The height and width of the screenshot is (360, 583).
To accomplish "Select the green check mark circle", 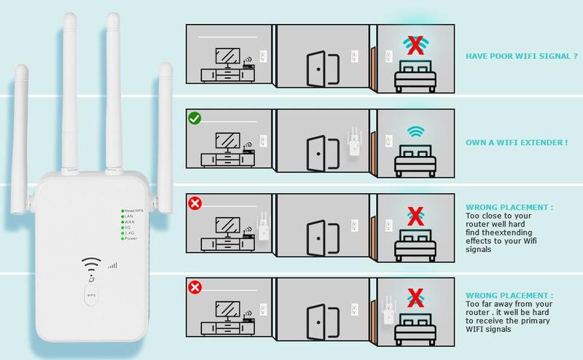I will [x=195, y=117].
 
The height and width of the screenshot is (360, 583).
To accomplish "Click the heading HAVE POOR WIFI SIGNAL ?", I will [x=517, y=55].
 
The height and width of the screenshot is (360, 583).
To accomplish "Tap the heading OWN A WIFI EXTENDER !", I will [x=516, y=142].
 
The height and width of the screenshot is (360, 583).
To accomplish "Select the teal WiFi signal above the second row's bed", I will [x=415, y=131].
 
